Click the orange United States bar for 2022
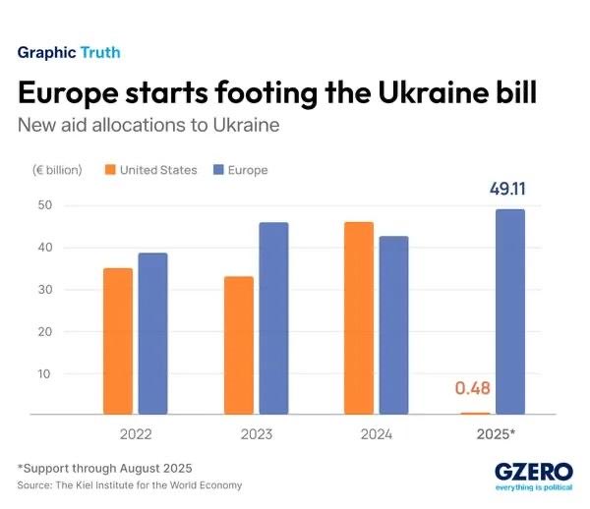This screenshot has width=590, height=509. pos(118,341)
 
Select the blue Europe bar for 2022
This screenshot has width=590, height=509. pos(152,334)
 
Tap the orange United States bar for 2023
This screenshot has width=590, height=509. pos(238,346)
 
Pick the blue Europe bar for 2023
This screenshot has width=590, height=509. pos(273,318)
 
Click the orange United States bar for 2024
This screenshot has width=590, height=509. pos(359,318)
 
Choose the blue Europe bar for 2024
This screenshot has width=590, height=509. pos(393,325)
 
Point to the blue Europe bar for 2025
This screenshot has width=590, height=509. pos(509,311)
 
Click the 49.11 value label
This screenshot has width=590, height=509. pos(508,189)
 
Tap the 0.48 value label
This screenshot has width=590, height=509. pos(472,388)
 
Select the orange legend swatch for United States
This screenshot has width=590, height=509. pos(108,170)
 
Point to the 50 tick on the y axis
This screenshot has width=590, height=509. pos(44,205)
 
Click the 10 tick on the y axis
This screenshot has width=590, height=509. pos(44,373)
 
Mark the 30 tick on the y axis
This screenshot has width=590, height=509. pos(44,290)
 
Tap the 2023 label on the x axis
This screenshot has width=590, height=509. pos(256,433)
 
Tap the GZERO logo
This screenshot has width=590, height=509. pos(530,472)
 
